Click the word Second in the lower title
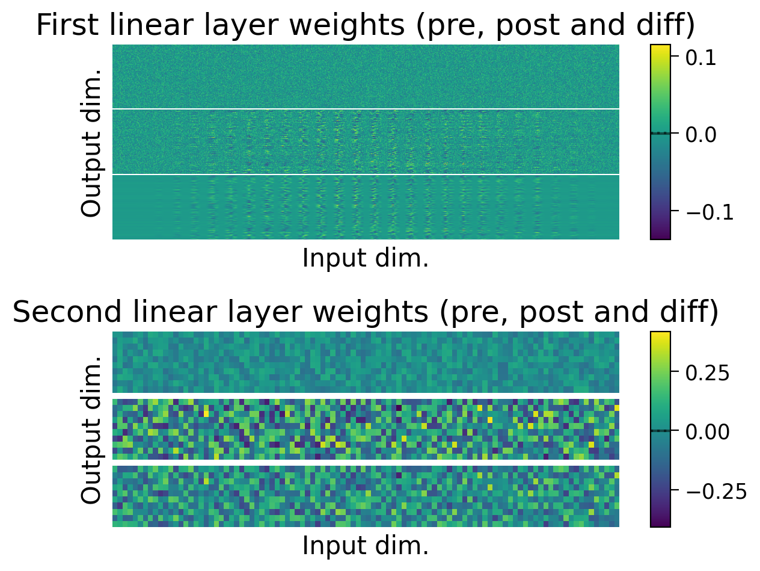tap(60, 313)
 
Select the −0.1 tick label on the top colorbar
tap(709, 212)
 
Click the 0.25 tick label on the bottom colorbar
tap(708, 373)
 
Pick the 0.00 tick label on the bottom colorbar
tap(708, 431)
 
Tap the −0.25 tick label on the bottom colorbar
tap(715, 490)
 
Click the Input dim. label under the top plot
tap(366, 259)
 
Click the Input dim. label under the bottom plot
tap(366, 546)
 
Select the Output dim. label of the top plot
tap(92, 143)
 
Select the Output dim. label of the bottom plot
tap(92, 430)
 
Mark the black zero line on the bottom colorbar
tap(660, 431)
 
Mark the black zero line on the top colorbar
tap(660, 133)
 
